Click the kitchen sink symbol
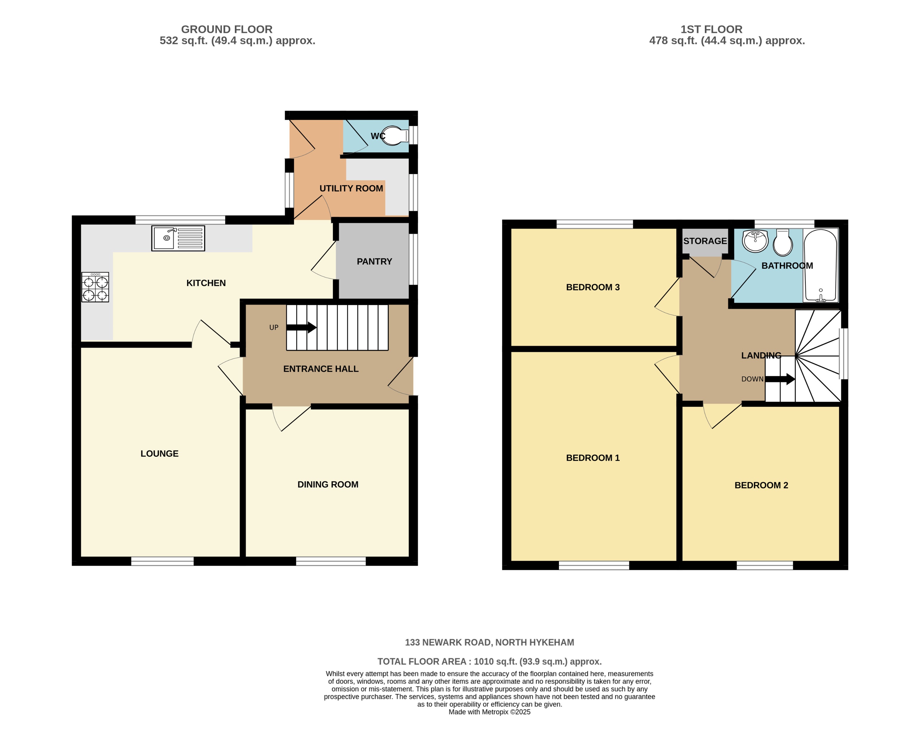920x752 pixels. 178,238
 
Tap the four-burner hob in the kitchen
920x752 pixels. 95,287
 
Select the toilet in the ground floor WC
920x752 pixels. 394,135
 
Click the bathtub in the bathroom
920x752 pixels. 820,265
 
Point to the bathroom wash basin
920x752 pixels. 755,241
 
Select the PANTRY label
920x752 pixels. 374,262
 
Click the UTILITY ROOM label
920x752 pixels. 351,188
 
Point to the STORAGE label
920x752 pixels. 705,241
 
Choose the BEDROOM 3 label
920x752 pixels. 593,287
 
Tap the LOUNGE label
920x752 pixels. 159,454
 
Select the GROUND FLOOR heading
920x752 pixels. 226,30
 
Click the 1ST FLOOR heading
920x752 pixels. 711,30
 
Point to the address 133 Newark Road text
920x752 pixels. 489,642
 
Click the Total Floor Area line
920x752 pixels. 489,662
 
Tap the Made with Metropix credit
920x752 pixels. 489,712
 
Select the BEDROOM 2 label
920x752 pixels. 761,485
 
